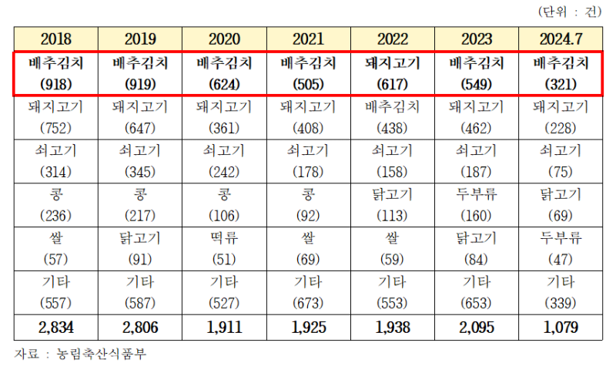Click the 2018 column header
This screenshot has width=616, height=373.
click(55, 39)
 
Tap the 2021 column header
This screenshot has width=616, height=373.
click(308, 39)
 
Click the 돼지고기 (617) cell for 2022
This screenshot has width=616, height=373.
click(393, 73)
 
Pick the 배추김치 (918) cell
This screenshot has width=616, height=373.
click(55, 73)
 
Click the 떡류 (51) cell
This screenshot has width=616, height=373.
click(224, 247)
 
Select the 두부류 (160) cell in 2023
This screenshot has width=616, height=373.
click(477, 203)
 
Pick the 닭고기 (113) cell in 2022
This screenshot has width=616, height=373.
click(393, 203)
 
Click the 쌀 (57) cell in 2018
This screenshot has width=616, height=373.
click(55, 247)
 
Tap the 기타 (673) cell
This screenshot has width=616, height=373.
click(308, 291)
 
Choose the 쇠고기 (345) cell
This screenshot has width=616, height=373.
click(140, 160)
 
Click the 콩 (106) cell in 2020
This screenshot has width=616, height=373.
click(224, 203)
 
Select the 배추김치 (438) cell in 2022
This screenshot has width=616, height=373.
click(393, 117)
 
